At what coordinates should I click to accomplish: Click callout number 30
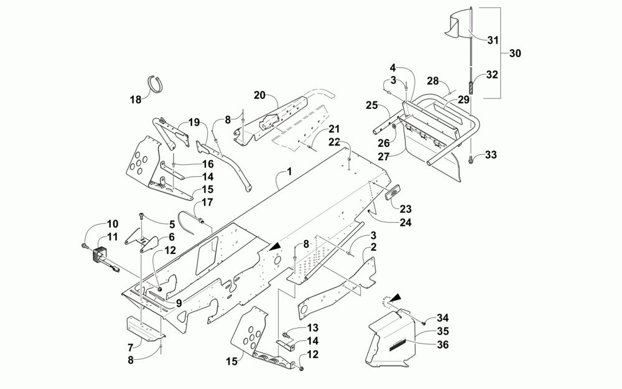pos(514,54)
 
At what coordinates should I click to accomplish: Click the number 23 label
pos(406,209)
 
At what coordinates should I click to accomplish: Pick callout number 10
pos(111,224)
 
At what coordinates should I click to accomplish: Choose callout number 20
pos(259,95)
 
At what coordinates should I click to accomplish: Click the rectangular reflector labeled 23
pos(392,192)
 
